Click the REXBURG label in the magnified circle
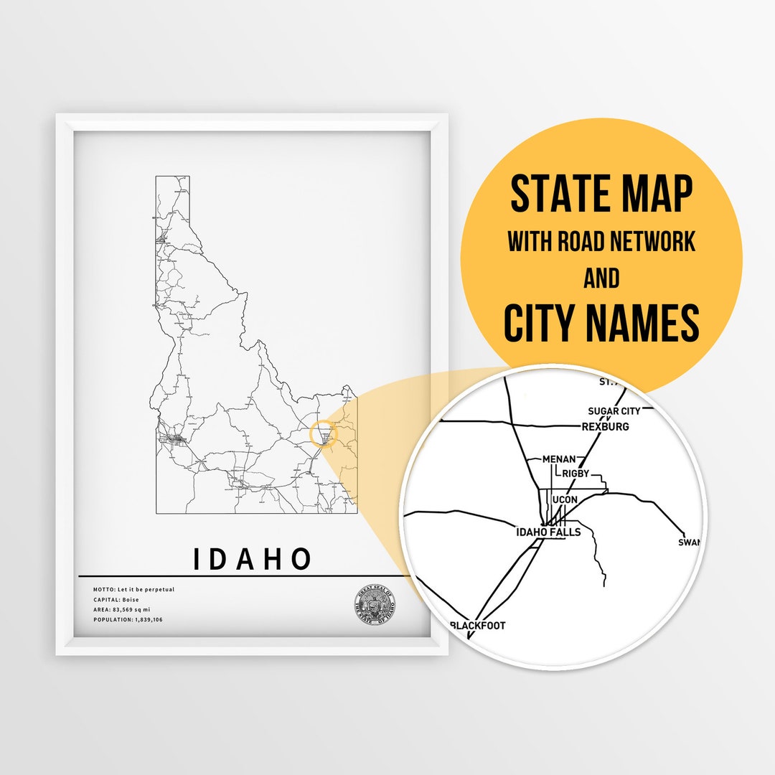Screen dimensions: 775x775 tap(605, 427)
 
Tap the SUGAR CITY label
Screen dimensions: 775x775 tap(614, 411)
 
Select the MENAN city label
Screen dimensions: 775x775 tap(560, 459)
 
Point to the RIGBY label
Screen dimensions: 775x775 tap(576, 474)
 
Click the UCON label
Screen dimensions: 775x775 tap(565, 500)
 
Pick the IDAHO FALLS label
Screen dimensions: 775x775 tap(548, 532)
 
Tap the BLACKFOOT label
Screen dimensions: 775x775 tap(477, 626)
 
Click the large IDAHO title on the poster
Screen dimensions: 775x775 tap(252, 559)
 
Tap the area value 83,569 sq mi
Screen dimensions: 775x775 tap(139, 609)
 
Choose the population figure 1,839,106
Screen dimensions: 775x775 tap(149, 619)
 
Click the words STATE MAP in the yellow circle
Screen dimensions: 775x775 tap(601, 194)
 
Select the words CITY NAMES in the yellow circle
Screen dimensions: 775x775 tap(601, 323)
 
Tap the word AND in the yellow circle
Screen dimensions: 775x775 tap(601, 278)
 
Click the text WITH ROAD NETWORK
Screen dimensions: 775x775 tap(601, 242)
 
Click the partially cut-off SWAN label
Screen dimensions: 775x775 tap(689, 542)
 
